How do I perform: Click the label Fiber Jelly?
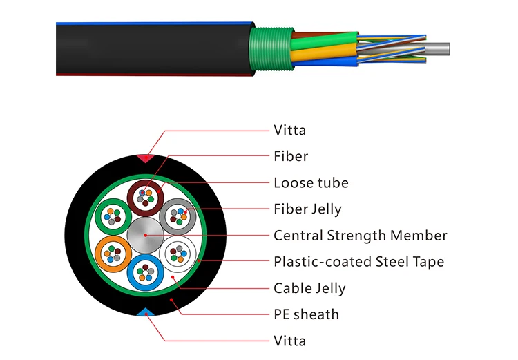pyautogui.click(x=307, y=209)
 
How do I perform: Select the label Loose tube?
pyautogui.click(x=311, y=183)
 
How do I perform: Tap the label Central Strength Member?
pyautogui.click(x=360, y=236)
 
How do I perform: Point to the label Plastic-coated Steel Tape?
pyautogui.click(x=358, y=262)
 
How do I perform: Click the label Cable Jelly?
pyautogui.click(x=309, y=288)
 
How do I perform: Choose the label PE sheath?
pyautogui.click(x=306, y=314)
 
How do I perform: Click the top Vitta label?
pyautogui.click(x=289, y=130)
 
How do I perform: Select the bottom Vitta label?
pyautogui.click(x=289, y=341)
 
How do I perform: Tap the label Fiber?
pyautogui.click(x=291, y=156)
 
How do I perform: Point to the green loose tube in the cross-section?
pyautogui.click(x=111, y=216)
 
